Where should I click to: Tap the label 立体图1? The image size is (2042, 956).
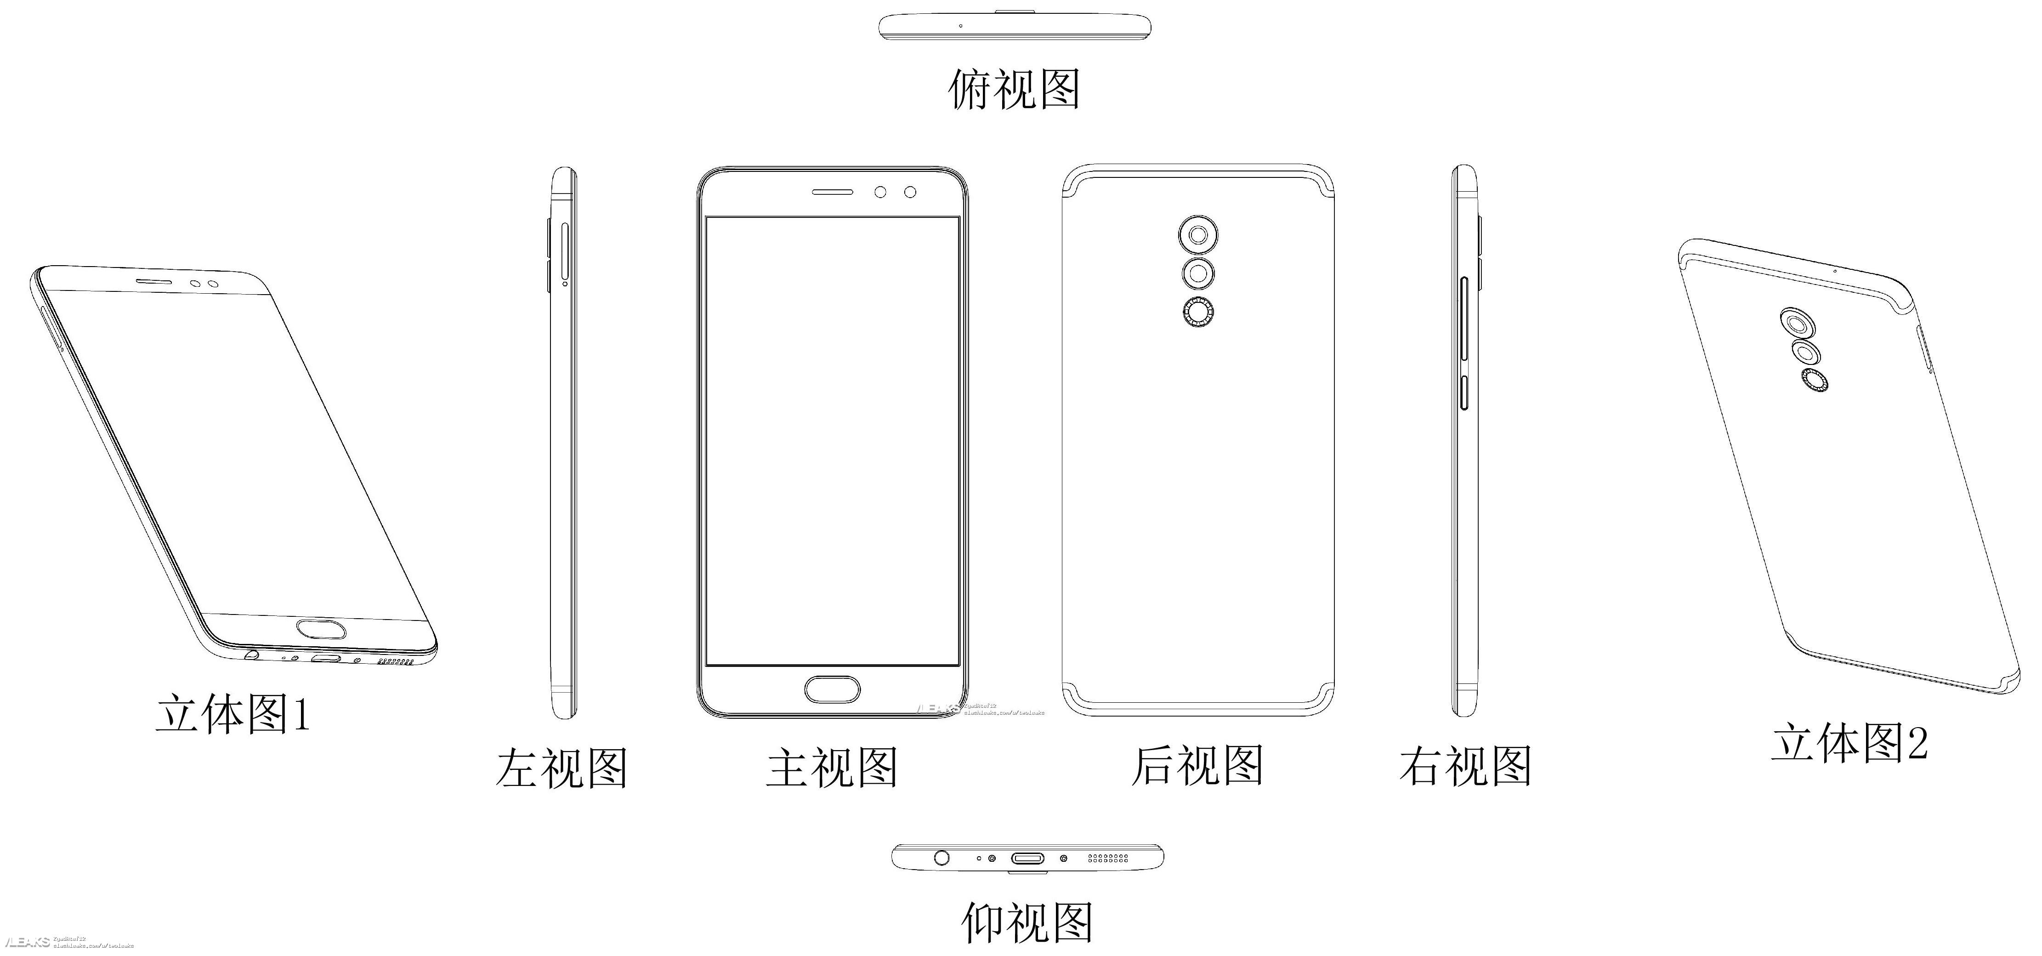tap(232, 713)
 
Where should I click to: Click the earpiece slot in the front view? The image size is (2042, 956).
tap(832, 192)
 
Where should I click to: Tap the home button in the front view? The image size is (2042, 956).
tap(832, 689)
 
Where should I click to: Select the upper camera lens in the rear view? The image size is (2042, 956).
tap(1197, 235)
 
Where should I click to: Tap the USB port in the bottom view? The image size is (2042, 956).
tap(1027, 858)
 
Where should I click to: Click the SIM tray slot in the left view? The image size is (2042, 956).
tap(564, 254)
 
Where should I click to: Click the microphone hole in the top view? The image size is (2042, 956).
tap(961, 25)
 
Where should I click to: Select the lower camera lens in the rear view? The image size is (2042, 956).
tap(1197, 273)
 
